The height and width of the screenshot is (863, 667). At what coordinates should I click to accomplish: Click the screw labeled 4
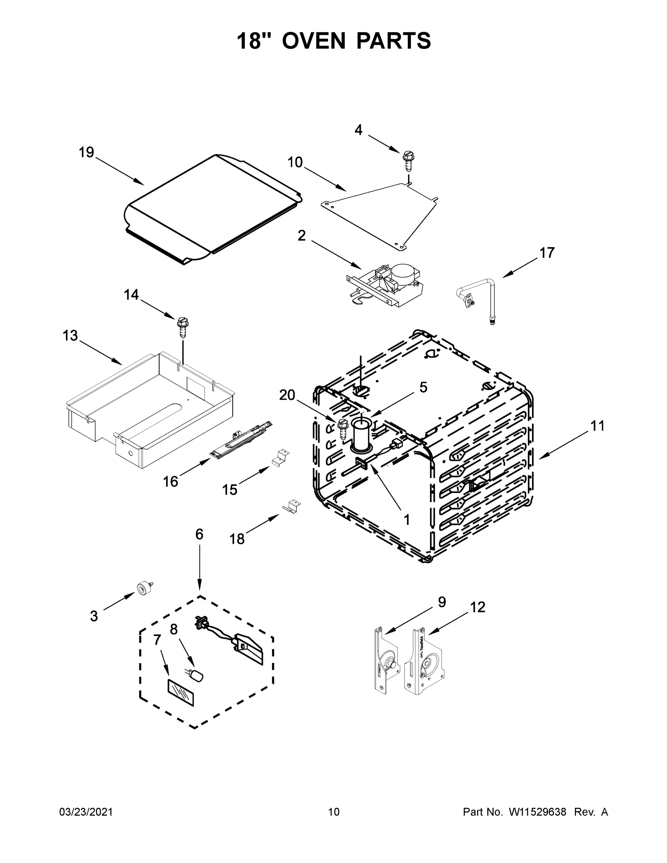408,161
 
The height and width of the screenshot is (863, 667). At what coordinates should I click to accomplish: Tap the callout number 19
86,152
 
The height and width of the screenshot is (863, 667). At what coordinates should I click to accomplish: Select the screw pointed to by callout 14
183,327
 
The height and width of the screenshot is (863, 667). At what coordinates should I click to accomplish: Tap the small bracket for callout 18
292,506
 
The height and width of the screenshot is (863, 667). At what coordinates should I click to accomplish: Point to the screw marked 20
342,432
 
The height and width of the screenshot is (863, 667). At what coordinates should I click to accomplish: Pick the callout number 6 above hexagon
199,534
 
